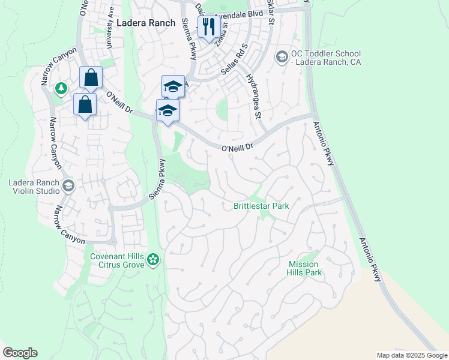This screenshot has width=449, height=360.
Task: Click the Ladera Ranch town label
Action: pos(146,23)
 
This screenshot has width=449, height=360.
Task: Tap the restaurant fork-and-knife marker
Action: pos(208,27)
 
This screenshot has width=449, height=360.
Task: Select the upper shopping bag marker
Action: pos(91,77)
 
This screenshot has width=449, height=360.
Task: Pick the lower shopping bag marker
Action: pos(85,104)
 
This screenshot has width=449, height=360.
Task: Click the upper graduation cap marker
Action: pos(173,86)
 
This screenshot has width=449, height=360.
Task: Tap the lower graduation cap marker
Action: pos(167,110)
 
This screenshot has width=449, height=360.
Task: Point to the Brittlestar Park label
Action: pos(261,206)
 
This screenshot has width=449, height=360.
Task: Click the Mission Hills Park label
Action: pos(305,268)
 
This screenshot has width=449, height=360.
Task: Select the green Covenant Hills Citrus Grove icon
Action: pos(154,259)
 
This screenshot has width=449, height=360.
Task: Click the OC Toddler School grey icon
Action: pos(282,56)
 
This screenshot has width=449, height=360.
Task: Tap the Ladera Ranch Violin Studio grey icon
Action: pos(68,186)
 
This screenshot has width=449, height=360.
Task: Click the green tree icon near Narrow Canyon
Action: pos(61,89)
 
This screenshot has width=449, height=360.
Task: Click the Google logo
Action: pos(20,353)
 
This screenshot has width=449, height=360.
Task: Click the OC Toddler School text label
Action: pos(327,57)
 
